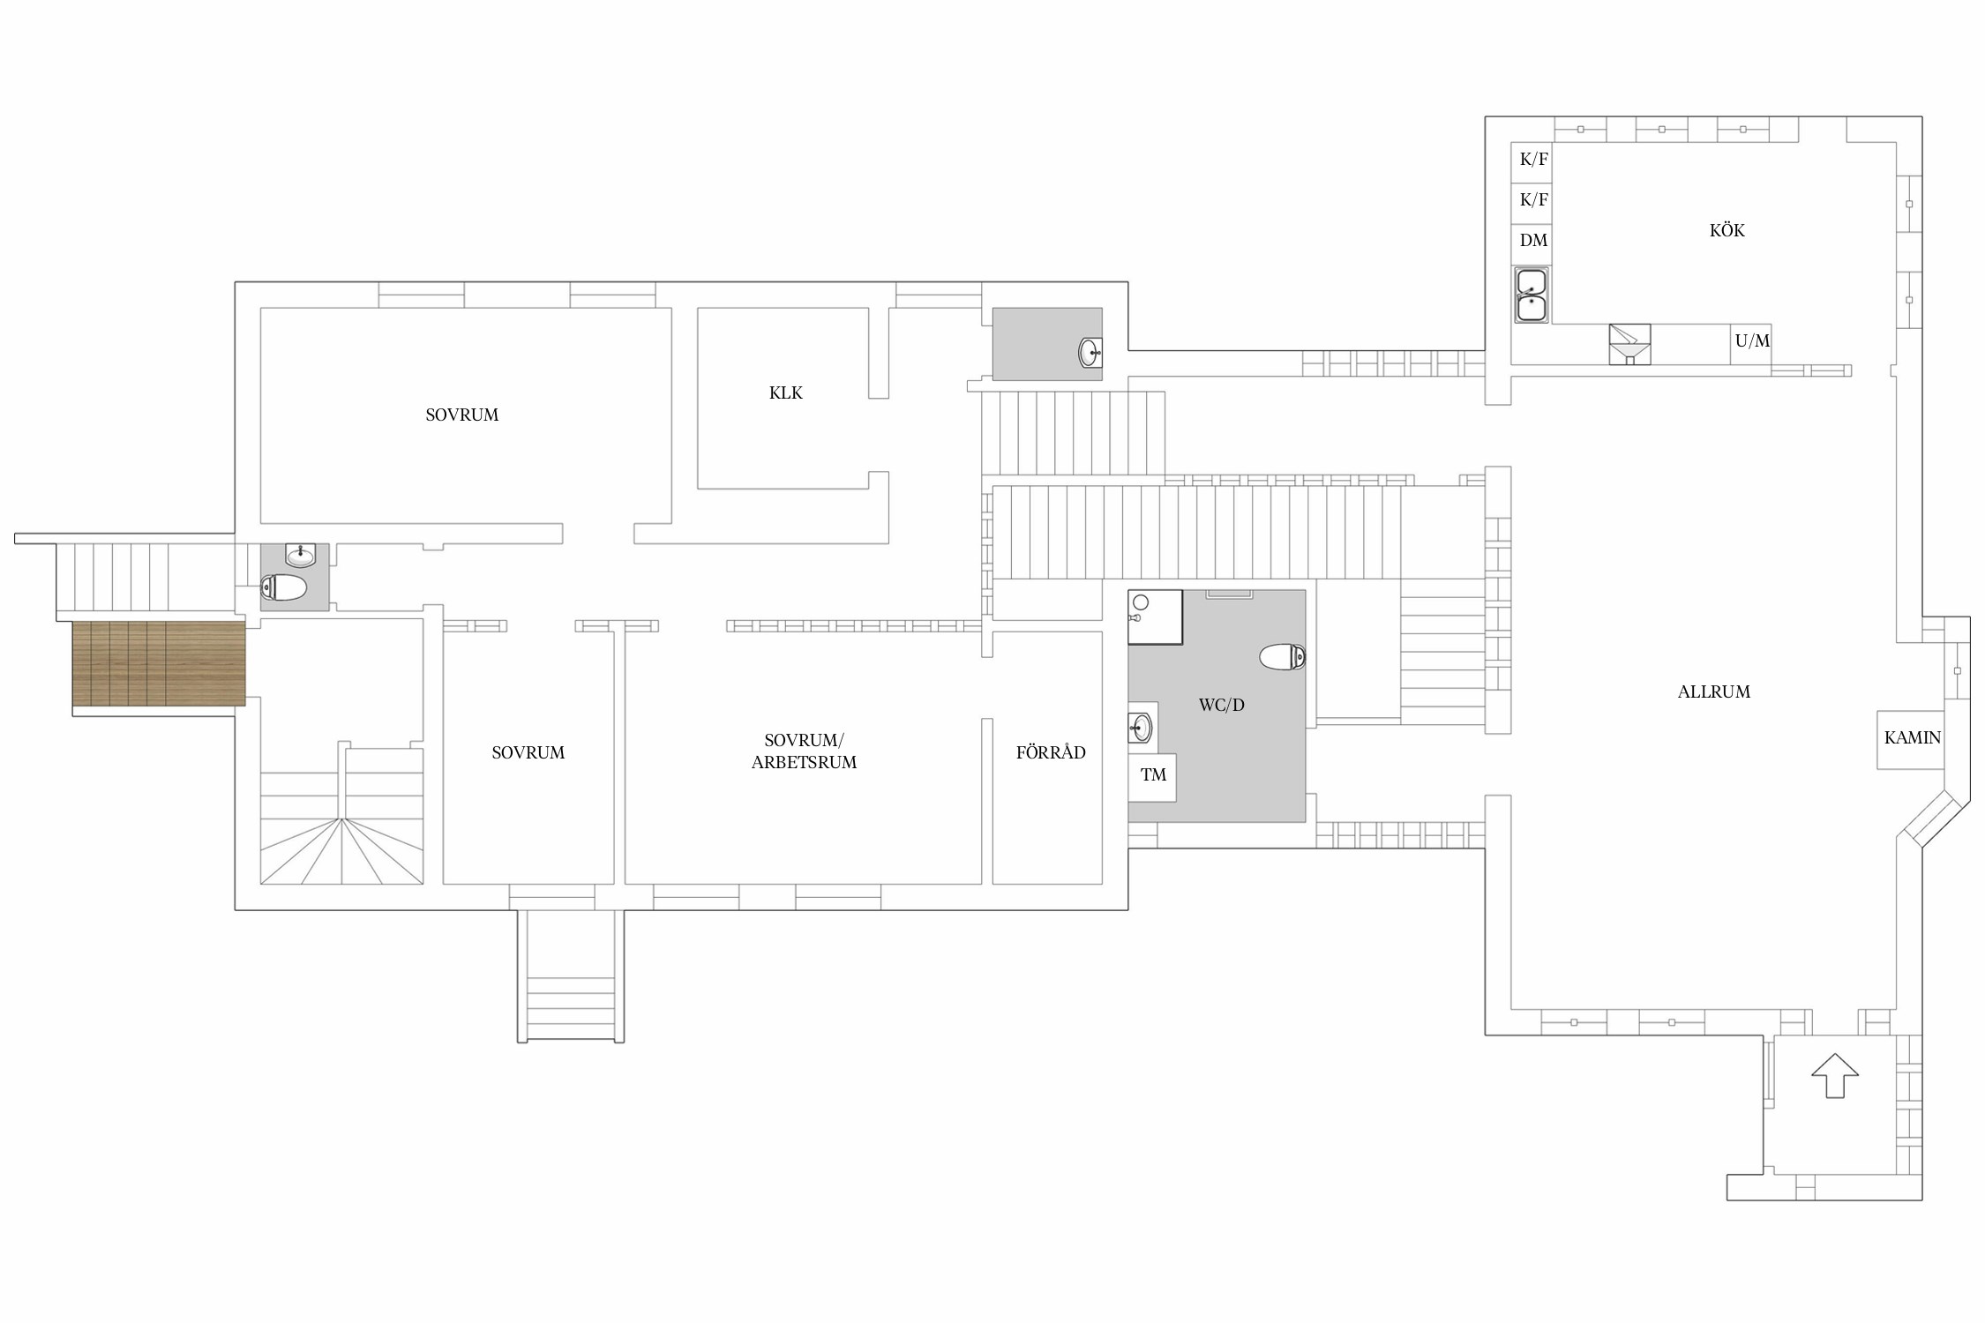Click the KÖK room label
[x=1727, y=231]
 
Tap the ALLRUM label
[x=1713, y=692]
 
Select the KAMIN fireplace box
[x=1911, y=739]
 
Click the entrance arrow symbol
[x=1835, y=1075]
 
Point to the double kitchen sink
[x=1531, y=295]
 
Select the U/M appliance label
[x=1752, y=341]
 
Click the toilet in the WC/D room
[x=1282, y=657]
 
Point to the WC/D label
[x=1221, y=706]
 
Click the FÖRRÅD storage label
[x=1050, y=753]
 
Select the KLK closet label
[x=785, y=393]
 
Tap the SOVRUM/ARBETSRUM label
[x=804, y=751]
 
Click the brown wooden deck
[x=159, y=663]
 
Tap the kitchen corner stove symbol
[x=1629, y=344]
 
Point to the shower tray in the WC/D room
[x=1155, y=617]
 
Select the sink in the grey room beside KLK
[x=1090, y=353]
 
